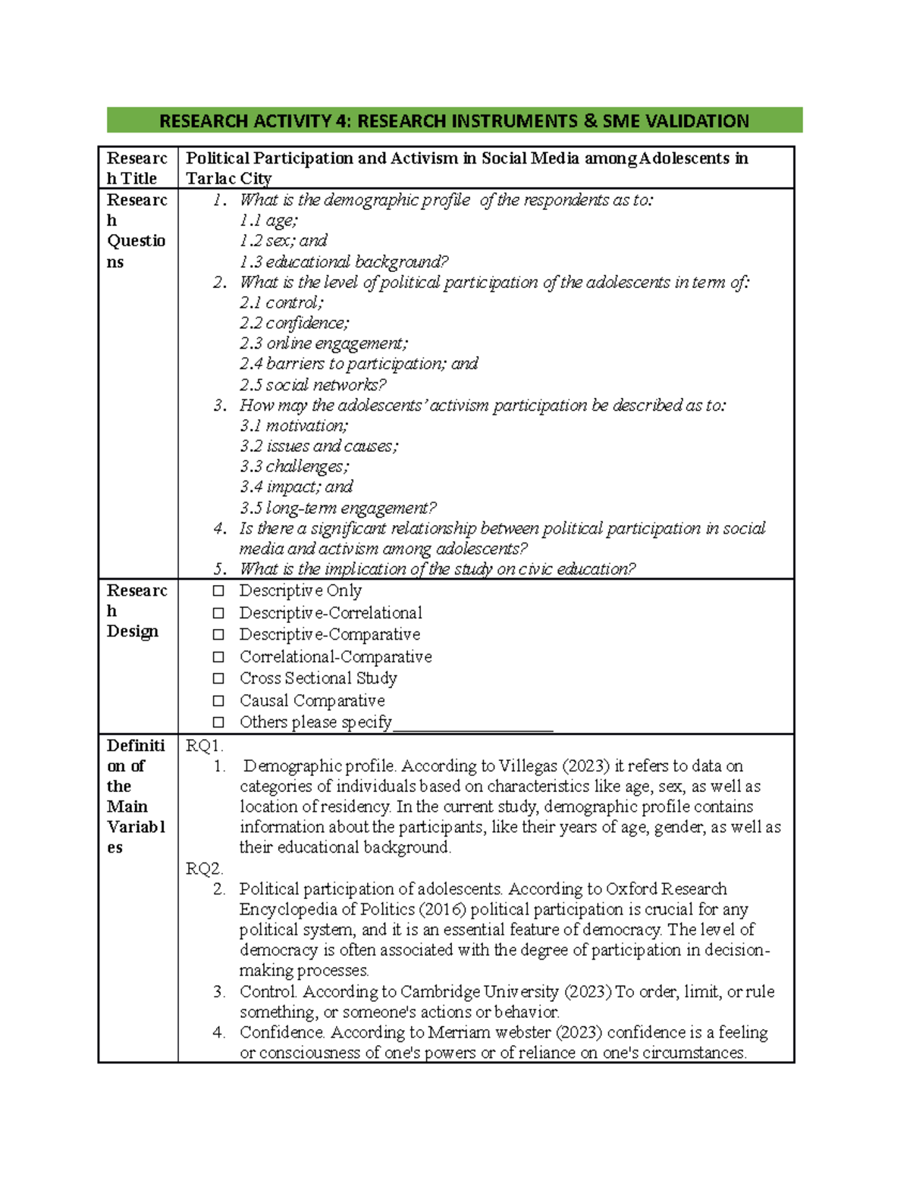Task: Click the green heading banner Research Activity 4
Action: [x=453, y=121]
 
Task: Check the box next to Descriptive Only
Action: [x=218, y=590]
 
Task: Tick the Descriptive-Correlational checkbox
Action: [x=218, y=612]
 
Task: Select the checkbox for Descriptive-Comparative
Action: [x=218, y=634]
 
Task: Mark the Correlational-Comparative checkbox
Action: [x=218, y=656]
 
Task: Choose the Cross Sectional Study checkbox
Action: [x=218, y=678]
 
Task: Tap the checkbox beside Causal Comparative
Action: [x=218, y=700]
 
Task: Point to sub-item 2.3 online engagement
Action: [x=323, y=343]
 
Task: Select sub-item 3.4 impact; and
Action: [x=296, y=487]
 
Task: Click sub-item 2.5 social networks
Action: [x=312, y=384]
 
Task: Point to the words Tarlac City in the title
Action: [x=228, y=179]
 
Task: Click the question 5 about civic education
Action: [x=437, y=569]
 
